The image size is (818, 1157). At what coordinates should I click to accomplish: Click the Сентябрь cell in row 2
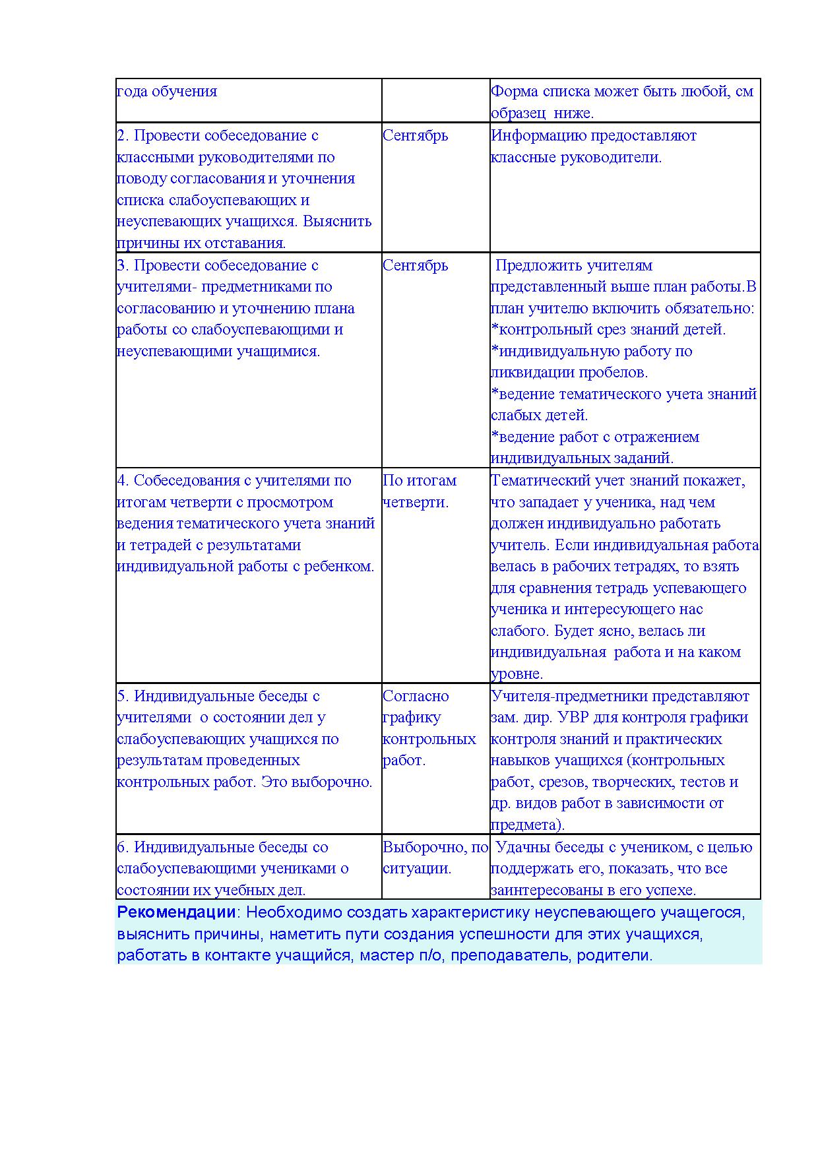pyautogui.click(x=415, y=136)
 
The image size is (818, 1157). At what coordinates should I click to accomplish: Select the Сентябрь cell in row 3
pyautogui.click(x=415, y=266)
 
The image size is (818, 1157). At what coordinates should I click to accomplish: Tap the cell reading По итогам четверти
pyautogui.click(x=420, y=491)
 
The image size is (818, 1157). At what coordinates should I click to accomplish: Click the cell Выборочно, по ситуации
pyautogui.click(x=435, y=858)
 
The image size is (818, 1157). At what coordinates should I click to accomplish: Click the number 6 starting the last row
pyautogui.click(x=121, y=848)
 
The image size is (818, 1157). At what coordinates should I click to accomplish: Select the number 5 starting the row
pyautogui.click(x=121, y=697)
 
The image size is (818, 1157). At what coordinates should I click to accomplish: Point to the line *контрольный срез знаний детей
pyautogui.click(x=608, y=330)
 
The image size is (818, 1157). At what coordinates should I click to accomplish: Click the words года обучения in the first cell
pyautogui.click(x=167, y=92)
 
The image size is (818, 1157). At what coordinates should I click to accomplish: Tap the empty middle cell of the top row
pyautogui.click(x=435, y=100)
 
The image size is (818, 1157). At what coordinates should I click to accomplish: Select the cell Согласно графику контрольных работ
pyautogui.click(x=429, y=728)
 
